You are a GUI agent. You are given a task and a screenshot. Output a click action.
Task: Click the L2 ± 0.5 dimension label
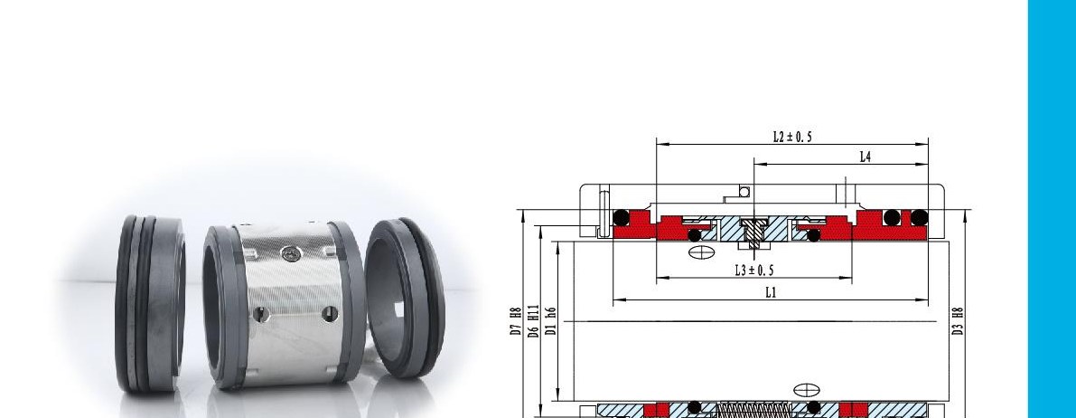pos(792,137)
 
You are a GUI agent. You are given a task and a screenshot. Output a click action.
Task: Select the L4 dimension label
pos(866,157)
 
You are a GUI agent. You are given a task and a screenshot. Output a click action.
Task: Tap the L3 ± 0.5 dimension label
pos(754,271)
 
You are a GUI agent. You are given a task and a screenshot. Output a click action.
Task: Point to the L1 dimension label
pos(772,292)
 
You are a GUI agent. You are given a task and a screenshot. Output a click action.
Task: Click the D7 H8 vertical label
pos(515,321)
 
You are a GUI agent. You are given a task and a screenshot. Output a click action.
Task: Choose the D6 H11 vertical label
pos(533,321)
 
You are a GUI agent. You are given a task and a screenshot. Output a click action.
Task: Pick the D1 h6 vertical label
pos(549,321)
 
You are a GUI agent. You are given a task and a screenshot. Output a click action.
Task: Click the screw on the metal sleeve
pos(290,253)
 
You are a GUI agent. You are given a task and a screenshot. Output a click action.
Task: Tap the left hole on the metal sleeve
pos(260,315)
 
